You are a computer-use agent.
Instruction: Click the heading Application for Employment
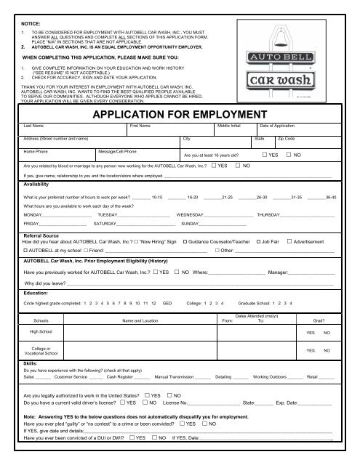point(179,114)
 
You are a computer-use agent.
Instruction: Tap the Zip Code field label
point(286,138)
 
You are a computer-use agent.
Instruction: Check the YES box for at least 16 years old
point(265,155)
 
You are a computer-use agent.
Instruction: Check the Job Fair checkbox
point(257,240)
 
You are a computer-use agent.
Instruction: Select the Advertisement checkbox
point(290,240)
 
